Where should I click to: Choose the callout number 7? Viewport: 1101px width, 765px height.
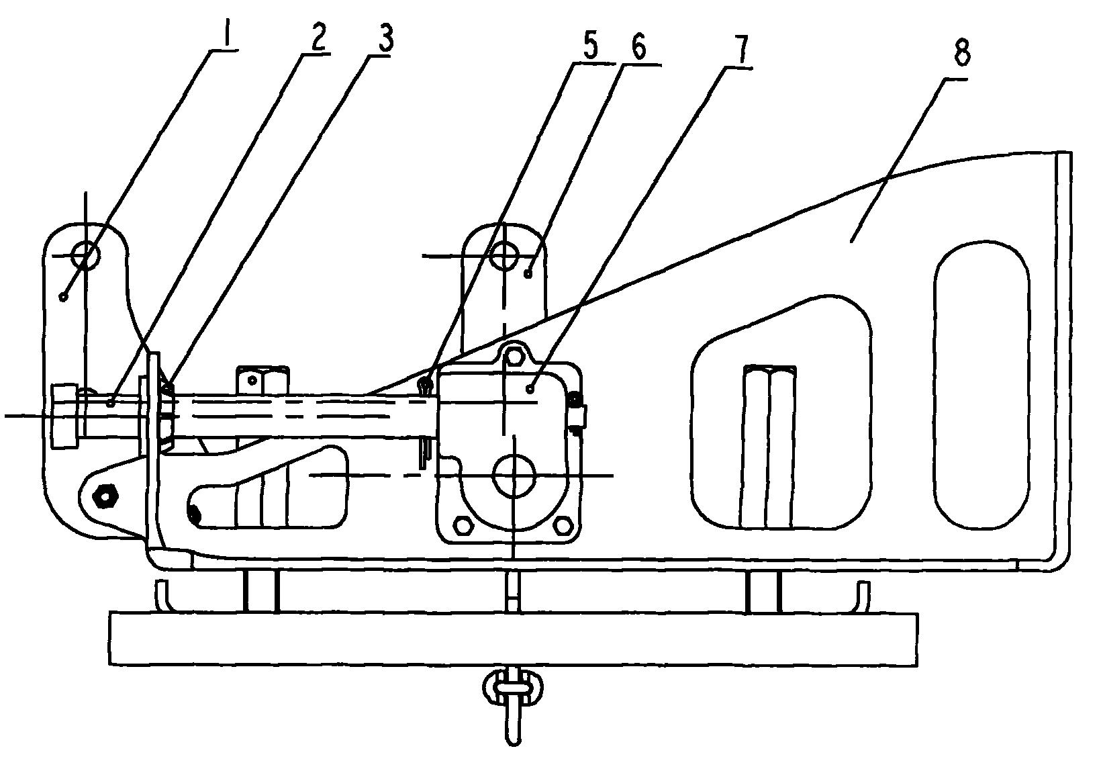740,49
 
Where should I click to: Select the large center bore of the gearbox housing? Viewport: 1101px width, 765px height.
514,476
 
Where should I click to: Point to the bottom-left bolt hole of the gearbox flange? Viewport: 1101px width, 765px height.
461,526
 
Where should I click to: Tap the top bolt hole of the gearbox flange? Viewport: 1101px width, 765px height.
513,355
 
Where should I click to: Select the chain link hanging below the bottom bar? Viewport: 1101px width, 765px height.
513,689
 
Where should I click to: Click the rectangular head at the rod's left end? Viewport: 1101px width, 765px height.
64,416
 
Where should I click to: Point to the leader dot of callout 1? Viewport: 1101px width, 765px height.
62,296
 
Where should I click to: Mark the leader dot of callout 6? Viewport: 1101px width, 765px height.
528,273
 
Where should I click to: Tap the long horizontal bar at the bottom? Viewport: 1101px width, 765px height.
513,639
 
